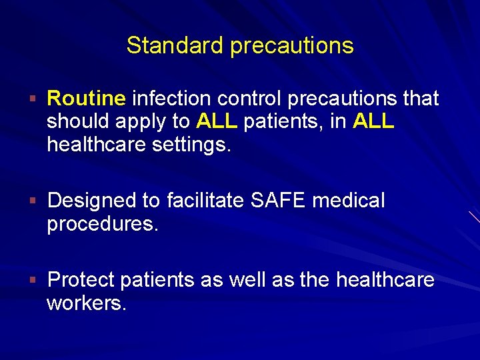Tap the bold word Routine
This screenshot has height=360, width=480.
tap(86, 99)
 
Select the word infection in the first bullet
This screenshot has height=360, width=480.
tap(172, 99)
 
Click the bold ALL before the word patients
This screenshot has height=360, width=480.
tap(217, 122)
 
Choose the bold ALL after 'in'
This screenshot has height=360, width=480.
tap(374, 122)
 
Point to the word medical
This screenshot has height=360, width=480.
tap(349, 200)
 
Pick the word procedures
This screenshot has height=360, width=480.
tap(103, 224)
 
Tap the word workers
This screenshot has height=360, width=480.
tap(86, 303)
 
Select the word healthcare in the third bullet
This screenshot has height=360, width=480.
tap(385, 279)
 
